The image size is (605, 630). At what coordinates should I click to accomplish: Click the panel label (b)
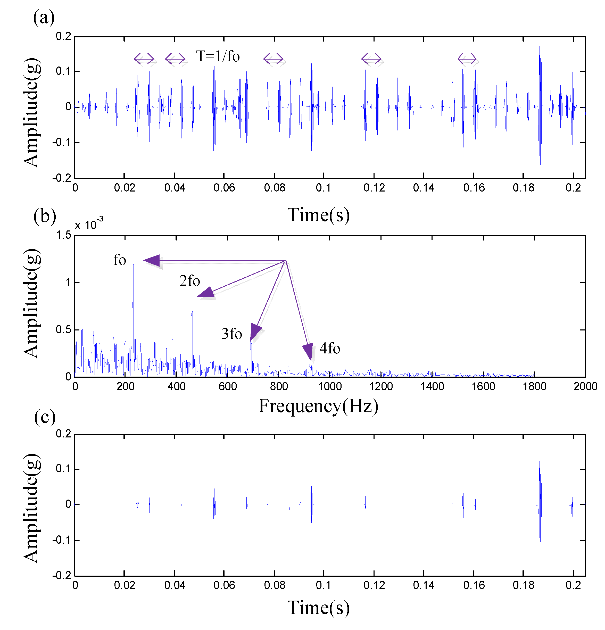click(44, 216)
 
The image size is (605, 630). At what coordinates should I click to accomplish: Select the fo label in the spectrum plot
click(120, 260)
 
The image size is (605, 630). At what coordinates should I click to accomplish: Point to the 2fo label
click(189, 281)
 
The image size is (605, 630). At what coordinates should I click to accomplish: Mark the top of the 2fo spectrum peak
click(192, 300)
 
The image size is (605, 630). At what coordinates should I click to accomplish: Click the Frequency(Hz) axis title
click(318, 406)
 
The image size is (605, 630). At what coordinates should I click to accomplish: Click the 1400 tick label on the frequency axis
click(432, 386)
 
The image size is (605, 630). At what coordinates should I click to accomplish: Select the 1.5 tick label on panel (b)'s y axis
click(64, 235)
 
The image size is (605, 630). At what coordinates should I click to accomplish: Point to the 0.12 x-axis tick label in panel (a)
click(374, 188)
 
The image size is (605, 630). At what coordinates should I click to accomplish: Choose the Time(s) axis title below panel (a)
click(318, 215)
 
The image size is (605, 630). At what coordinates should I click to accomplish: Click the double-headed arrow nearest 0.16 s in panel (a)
click(467, 59)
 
